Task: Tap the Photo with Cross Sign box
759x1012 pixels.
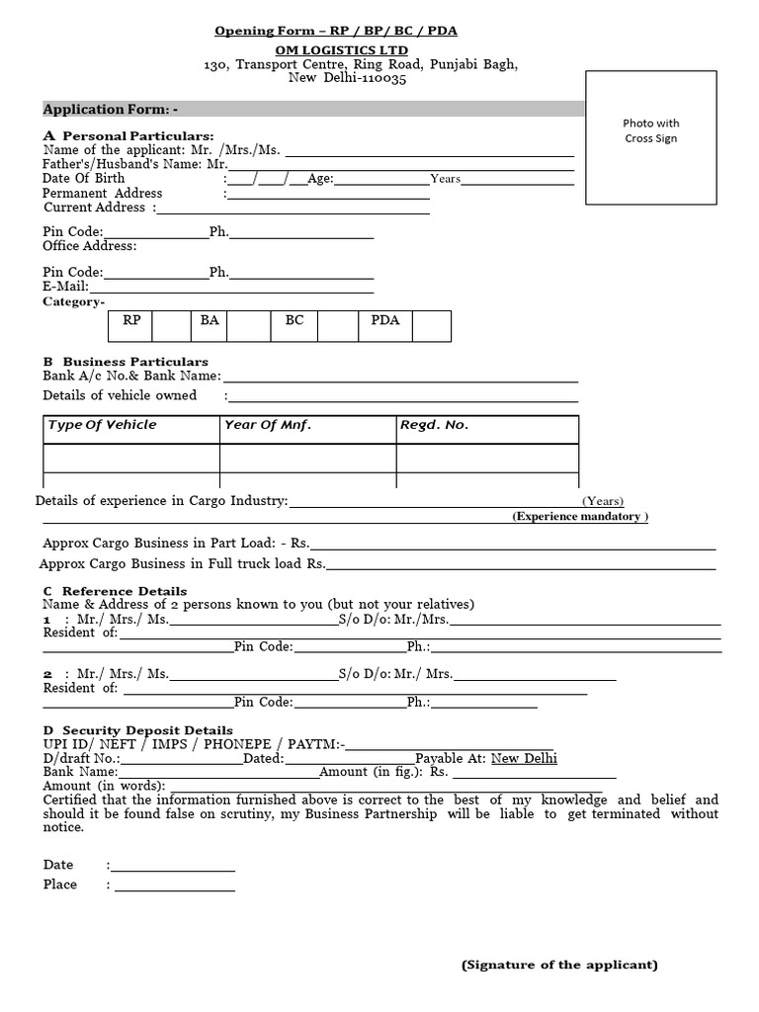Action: point(651,137)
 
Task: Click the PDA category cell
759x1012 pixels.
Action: point(385,321)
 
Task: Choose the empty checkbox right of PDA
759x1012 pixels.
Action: point(432,325)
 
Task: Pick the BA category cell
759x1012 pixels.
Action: point(210,321)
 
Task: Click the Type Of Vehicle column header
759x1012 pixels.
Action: point(103,425)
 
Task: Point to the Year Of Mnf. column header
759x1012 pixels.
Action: point(268,425)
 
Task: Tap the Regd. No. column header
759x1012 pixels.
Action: point(434,425)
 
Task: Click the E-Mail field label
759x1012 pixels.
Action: point(66,287)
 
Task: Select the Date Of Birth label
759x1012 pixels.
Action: point(84,178)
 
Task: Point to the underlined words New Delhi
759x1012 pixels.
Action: point(524,758)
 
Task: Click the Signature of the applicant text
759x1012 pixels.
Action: point(559,965)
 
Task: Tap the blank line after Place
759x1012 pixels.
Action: point(175,885)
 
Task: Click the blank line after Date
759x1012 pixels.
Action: point(175,866)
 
